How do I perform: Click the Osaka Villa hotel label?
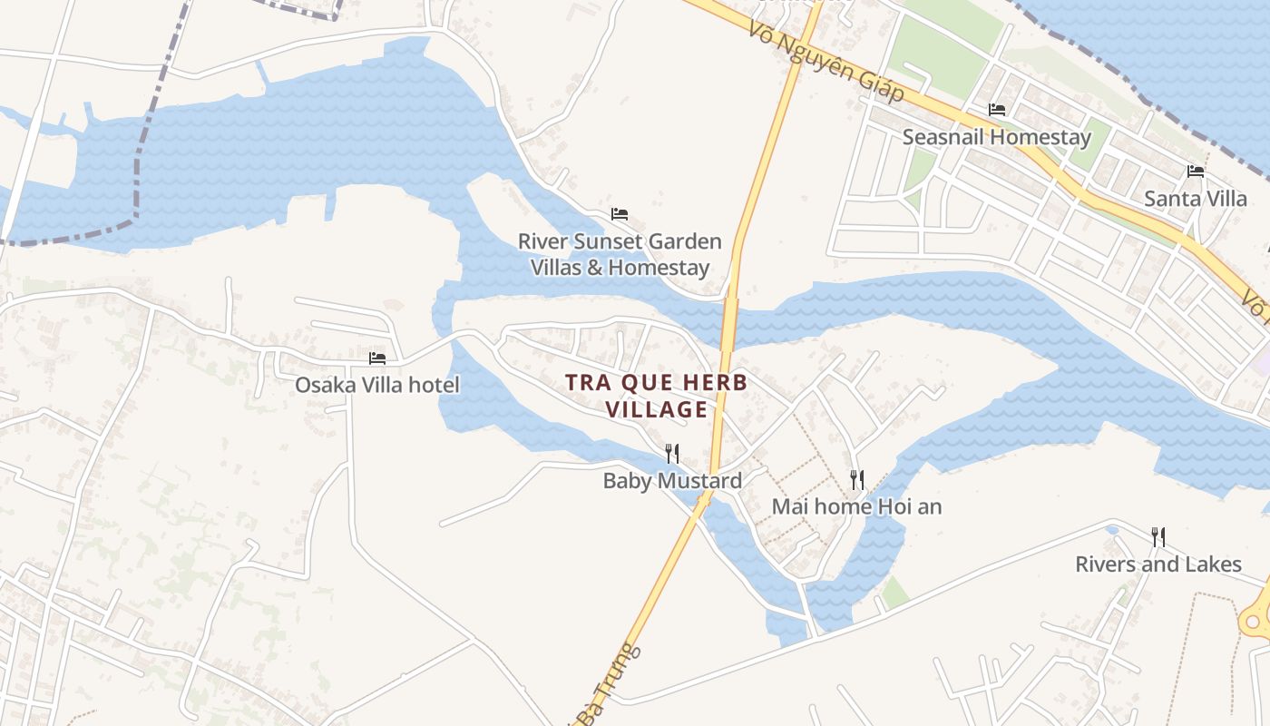(376, 385)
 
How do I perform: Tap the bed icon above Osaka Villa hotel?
(377, 358)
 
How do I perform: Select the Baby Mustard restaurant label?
(672, 481)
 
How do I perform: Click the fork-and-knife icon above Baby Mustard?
(672, 453)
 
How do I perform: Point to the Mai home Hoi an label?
(856, 506)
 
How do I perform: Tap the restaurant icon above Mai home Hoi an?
(856, 478)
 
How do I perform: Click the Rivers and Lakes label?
(1158, 564)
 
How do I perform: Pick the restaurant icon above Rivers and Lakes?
(1158, 536)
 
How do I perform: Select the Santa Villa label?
(1195, 199)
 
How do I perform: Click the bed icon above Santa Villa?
(1196, 171)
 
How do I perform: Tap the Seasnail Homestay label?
(996, 138)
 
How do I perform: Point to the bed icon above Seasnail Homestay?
(997, 110)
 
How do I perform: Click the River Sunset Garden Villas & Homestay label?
(620, 255)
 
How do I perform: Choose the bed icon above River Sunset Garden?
(620, 214)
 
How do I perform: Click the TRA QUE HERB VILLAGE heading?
(657, 396)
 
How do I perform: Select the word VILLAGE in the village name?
(657, 410)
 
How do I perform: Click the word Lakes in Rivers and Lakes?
(1212, 564)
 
